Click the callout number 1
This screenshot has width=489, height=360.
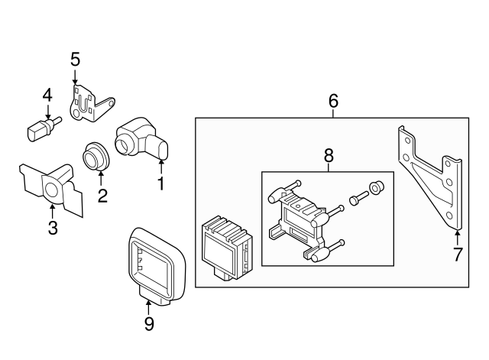coord(161,184)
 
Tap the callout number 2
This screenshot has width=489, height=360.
coord(102,195)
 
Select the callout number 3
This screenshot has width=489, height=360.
coord(52,227)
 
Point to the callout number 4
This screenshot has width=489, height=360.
coord(47,96)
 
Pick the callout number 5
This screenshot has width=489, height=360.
coord(75,59)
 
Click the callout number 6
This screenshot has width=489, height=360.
coord(333,101)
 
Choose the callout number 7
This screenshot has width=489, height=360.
coord(458,255)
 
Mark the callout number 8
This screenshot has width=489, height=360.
coord(329,155)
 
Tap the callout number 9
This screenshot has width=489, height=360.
coord(149,324)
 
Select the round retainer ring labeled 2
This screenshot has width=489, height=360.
coord(96,156)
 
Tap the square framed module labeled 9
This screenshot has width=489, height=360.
coord(156,264)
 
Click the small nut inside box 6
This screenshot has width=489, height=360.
coord(375,188)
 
